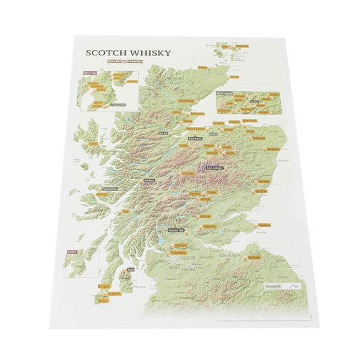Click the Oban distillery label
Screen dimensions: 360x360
pyautogui.click(x=126, y=209)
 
